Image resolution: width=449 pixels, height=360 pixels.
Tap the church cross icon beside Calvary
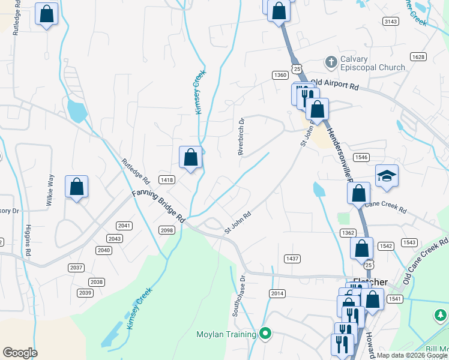[330, 61]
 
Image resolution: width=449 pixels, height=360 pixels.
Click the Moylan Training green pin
[265, 334]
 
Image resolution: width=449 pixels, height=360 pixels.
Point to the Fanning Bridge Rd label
[160, 206]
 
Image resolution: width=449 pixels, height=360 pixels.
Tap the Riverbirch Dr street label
[242, 136]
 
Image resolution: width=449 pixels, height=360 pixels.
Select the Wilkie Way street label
[50, 190]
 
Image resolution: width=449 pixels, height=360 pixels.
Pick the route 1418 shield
[167, 179]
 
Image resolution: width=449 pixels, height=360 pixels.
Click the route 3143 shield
[391, 22]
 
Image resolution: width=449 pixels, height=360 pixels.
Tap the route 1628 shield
[418, 56]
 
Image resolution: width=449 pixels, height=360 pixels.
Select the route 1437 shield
[292, 258]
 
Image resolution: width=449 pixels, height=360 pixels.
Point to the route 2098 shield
[166, 230]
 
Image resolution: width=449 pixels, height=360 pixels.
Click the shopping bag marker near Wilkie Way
[76, 187]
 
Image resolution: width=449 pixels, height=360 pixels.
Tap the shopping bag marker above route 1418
[190, 158]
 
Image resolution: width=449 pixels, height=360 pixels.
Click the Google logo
[20, 353]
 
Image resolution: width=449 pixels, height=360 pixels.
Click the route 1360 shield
[279, 75]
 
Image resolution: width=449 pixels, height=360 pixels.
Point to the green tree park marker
[440, 314]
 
